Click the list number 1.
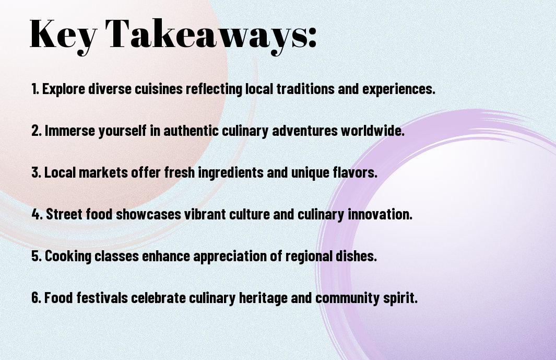click(x=35, y=89)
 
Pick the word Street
click(x=63, y=214)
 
